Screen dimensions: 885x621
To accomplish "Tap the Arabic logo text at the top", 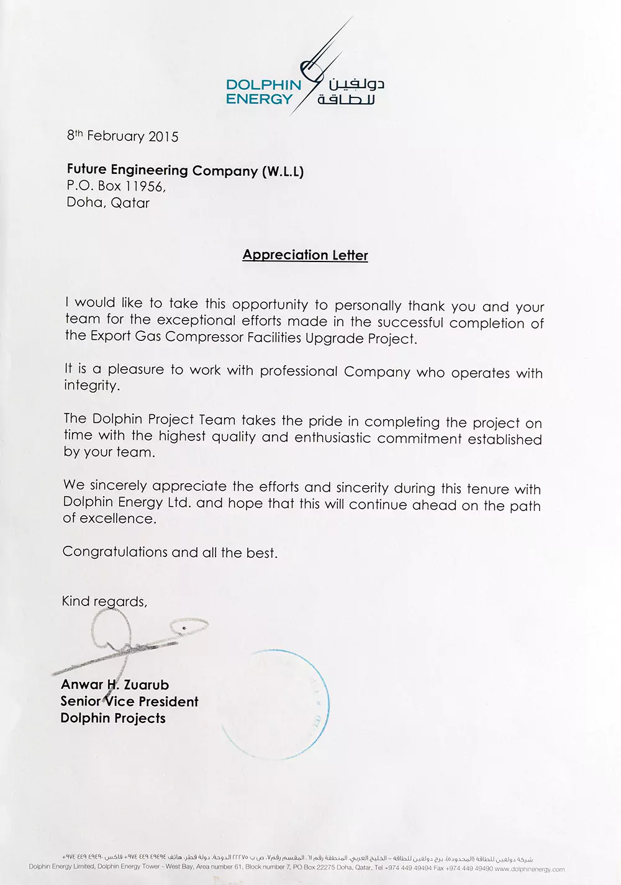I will pos(351,92).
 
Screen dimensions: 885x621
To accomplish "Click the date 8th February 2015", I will pos(122,136).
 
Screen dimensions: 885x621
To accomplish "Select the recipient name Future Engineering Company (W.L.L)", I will pos(185,171).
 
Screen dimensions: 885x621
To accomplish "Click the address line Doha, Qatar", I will pos(108,203).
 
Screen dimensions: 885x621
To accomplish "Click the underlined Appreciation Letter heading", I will pos(305,255).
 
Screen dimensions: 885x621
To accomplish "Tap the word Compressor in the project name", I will pos(204,337).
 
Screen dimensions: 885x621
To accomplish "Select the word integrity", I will pos(91,386).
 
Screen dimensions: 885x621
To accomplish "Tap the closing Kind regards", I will pos(104,601).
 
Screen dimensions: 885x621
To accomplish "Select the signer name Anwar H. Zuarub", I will pos(115,685).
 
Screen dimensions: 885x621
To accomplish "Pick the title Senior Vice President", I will pos(129,702).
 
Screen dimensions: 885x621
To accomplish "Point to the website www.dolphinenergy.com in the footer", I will pos(530,869).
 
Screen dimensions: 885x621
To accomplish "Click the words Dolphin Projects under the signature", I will pos(113,719).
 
